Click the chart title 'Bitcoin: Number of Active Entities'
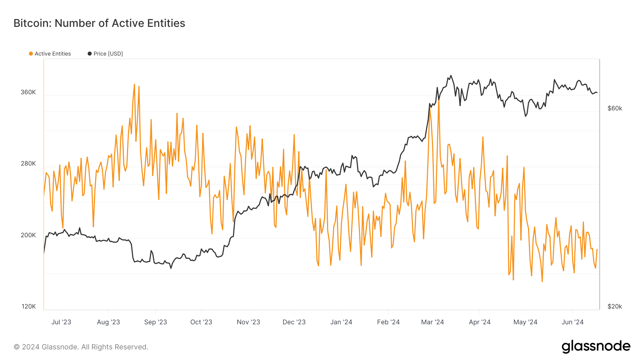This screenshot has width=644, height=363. click(99, 23)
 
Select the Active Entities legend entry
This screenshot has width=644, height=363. click(50, 54)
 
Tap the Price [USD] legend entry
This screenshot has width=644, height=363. click(106, 54)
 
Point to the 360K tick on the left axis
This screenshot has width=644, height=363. click(28, 92)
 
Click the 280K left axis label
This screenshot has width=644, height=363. click(28, 163)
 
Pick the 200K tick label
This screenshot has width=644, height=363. click(28, 235)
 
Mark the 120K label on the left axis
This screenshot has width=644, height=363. click(29, 306)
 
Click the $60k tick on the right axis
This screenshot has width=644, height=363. click(615, 108)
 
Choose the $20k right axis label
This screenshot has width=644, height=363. click(615, 306)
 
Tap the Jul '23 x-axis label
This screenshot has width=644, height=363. click(61, 322)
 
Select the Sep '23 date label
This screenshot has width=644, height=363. click(156, 322)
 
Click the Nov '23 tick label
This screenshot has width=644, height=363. click(248, 322)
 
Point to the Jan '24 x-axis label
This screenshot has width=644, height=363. click(341, 322)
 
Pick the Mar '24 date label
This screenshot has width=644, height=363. click(433, 322)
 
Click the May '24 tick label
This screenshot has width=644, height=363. click(525, 322)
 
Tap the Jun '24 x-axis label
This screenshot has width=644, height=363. click(572, 322)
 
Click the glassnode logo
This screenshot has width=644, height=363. click(596, 347)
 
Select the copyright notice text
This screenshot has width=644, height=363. click(81, 347)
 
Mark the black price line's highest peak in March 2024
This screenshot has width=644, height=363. click(451, 76)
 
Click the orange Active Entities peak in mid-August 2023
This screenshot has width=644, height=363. click(134, 85)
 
